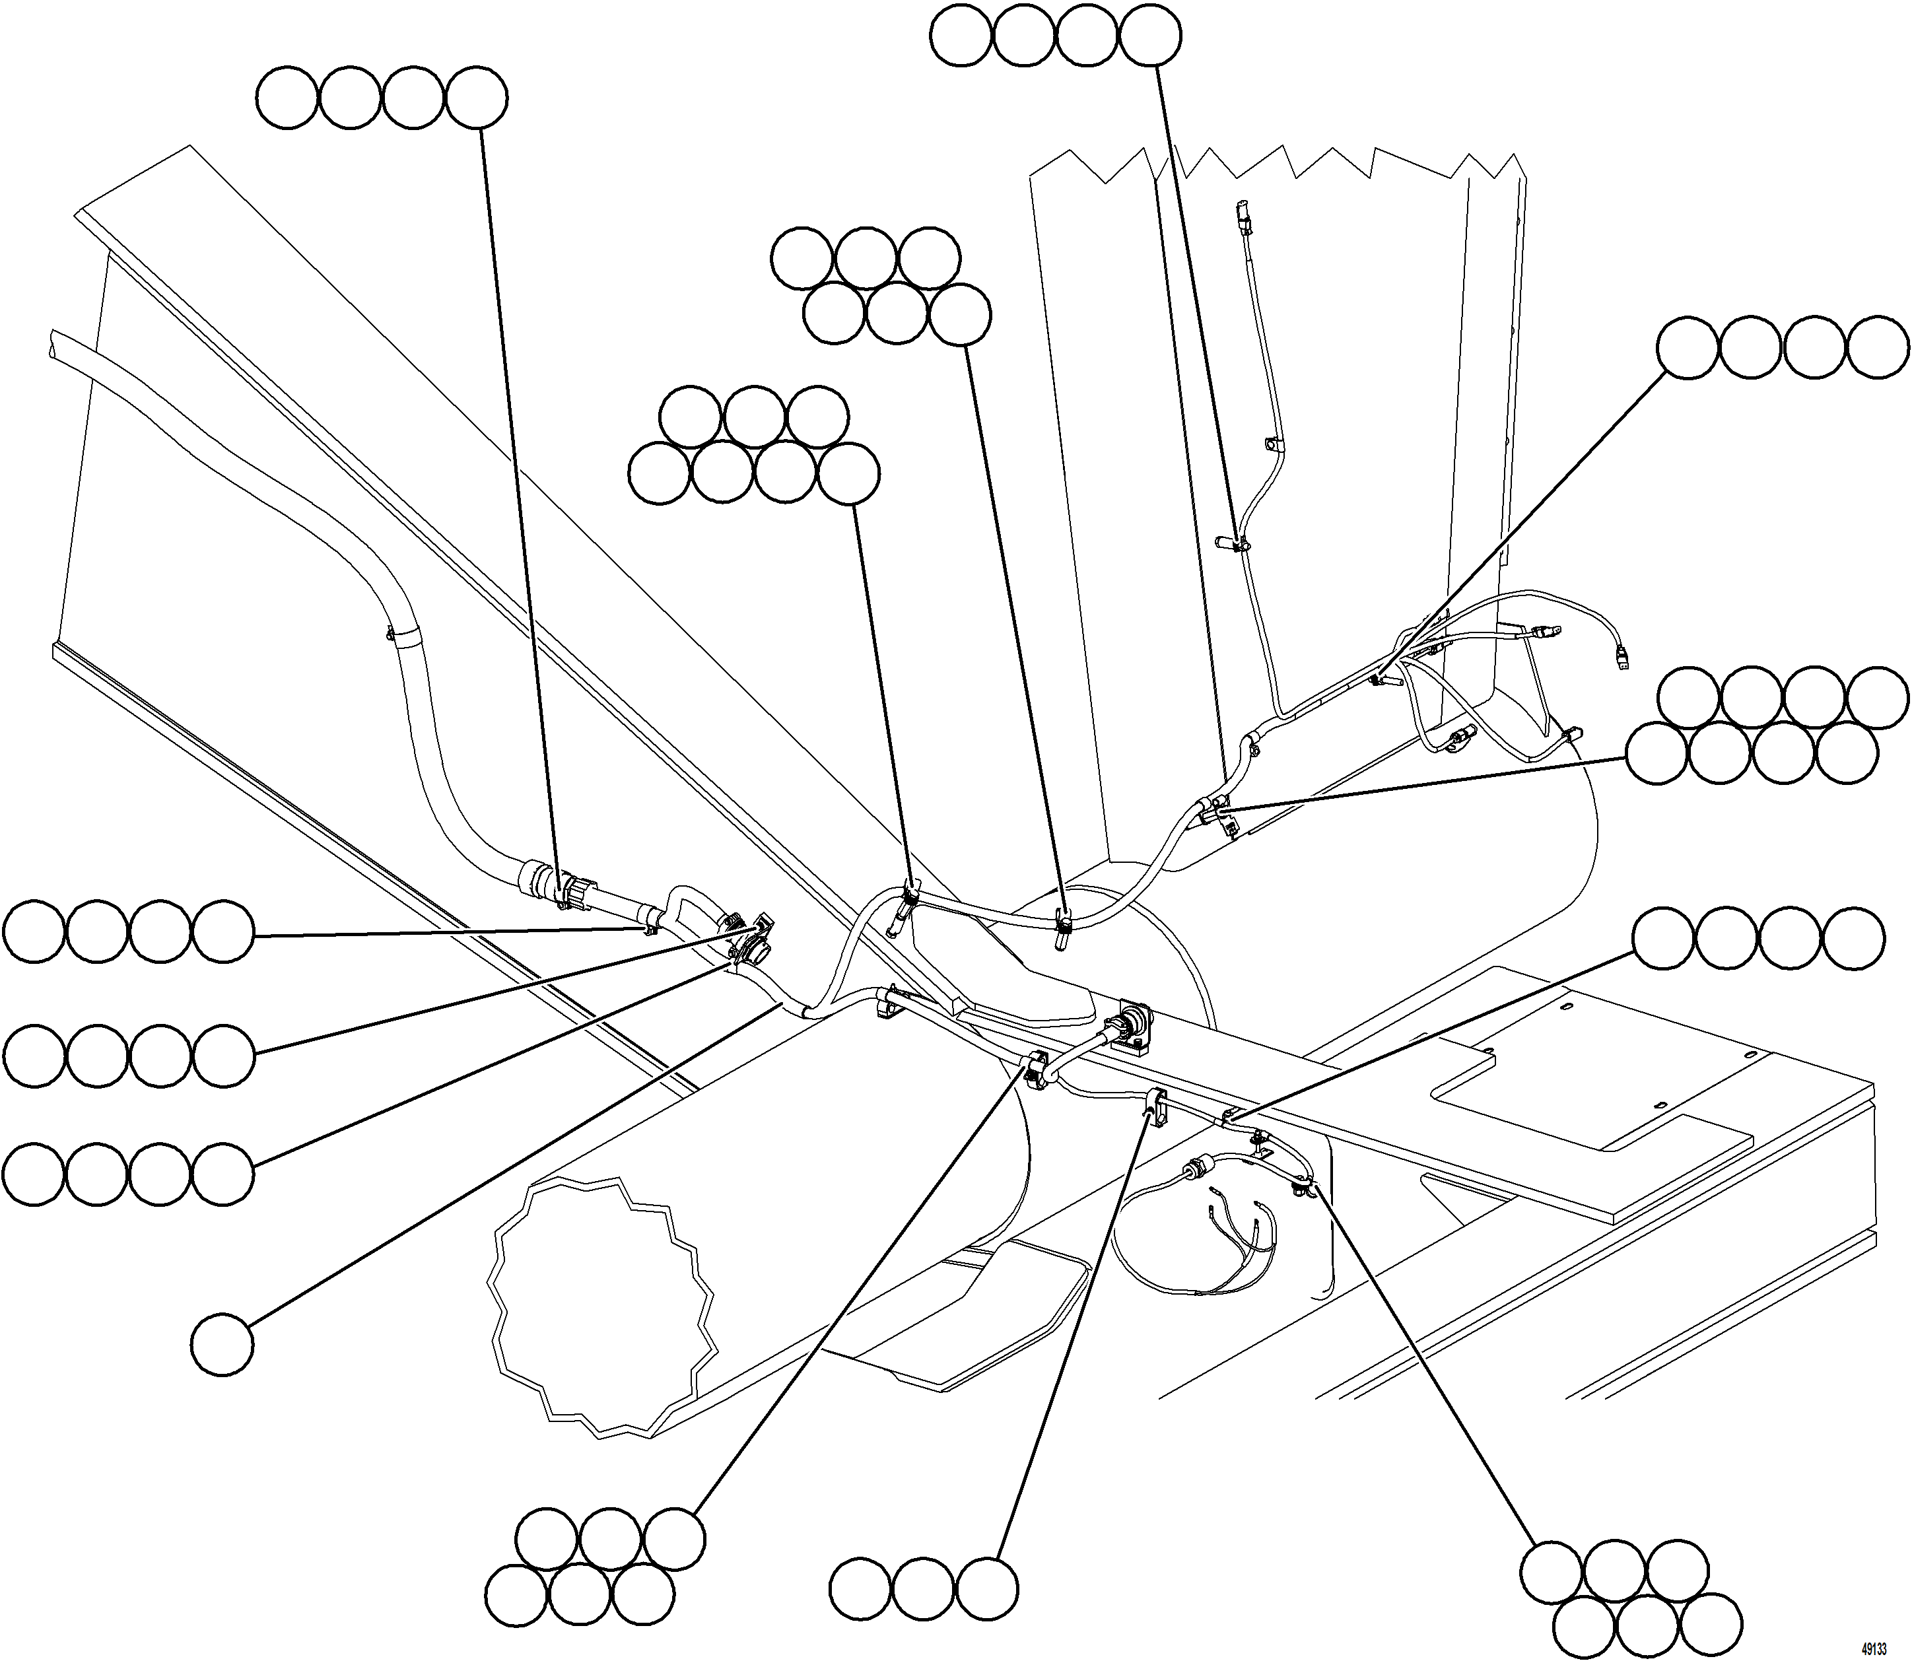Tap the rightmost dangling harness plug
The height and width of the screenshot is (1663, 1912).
1622,659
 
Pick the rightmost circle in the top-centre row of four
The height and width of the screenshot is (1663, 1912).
1150,35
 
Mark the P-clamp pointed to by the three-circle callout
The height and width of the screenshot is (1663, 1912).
1155,1104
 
